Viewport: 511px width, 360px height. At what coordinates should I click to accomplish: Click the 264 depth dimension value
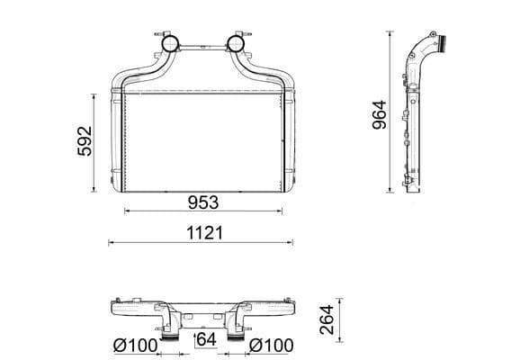(x=327, y=319)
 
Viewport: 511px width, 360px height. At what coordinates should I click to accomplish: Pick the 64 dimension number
(x=206, y=339)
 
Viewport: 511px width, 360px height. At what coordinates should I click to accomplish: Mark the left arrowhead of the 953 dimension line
(x=125, y=211)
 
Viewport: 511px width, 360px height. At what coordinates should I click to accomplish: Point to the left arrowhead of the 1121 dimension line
(x=111, y=242)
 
